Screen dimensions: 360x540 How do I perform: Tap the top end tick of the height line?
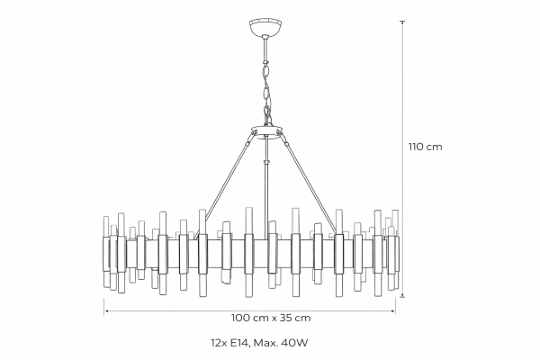401,22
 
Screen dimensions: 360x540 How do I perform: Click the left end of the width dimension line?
106,310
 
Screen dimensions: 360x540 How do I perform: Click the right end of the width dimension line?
394,310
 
